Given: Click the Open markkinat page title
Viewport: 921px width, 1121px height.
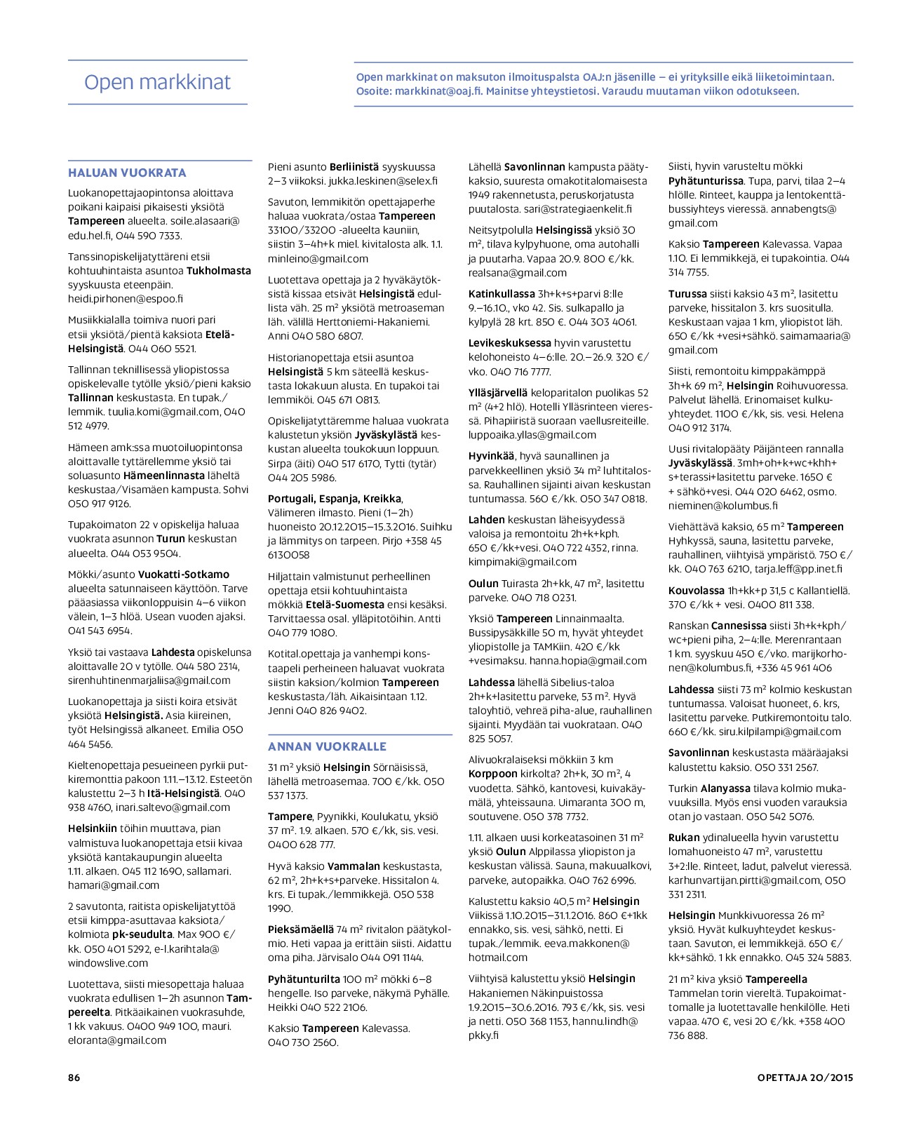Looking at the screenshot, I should pos(157,83).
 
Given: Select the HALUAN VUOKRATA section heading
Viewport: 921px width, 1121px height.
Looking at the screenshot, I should pos(127,173).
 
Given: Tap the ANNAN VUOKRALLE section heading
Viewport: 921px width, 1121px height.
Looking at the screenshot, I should pos(327,746).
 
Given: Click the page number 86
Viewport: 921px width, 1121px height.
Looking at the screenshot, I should pos(74,1078).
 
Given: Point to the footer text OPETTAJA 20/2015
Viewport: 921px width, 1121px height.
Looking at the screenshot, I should pos(805,1078).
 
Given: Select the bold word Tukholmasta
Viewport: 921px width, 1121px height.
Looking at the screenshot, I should pos(219,271).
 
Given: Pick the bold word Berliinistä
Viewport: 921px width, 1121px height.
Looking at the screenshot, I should pos(354,167).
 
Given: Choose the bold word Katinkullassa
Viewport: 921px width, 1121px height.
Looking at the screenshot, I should pos(502,294).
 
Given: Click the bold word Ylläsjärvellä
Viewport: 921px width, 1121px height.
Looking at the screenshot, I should pos(498,393).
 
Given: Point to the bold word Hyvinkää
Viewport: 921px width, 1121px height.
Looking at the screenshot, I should pos(492,456).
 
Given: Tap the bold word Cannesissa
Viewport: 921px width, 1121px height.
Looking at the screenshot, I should pos(739,626).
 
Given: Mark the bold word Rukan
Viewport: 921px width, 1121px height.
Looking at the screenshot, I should pos(684,838).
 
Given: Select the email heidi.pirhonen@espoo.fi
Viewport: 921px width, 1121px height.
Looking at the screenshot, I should pos(126,299).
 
